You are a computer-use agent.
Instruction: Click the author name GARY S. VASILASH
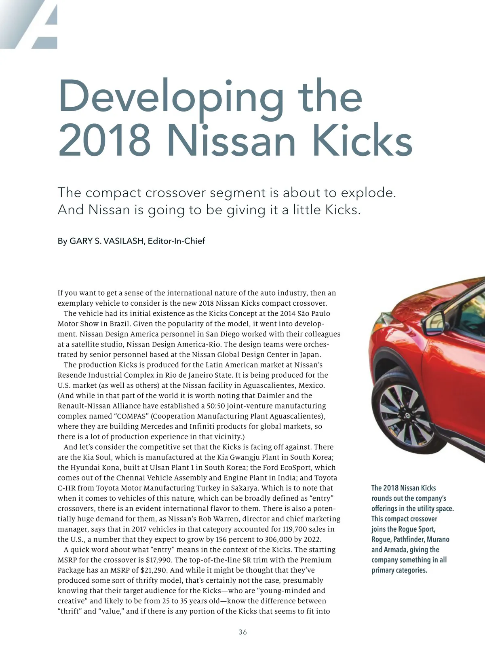point(107,241)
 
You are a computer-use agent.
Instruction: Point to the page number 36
point(242,632)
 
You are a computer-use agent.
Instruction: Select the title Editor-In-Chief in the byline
point(176,241)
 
